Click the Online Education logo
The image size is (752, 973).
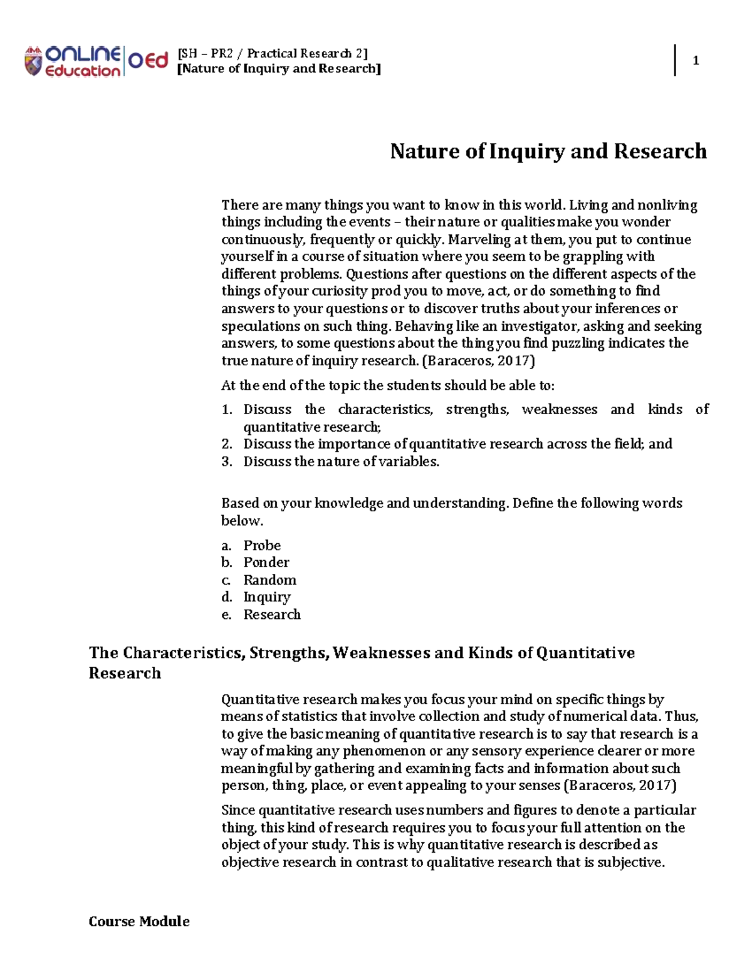[72, 61]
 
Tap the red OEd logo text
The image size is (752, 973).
[149, 61]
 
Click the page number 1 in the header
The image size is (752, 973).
[695, 61]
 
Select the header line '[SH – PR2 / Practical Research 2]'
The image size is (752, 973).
[273, 53]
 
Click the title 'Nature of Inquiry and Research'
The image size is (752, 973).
[548, 151]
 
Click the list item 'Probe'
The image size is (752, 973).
[262, 545]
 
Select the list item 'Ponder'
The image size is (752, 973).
[266, 563]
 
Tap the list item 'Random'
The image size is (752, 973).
[269, 580]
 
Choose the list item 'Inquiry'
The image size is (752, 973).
[267, 597]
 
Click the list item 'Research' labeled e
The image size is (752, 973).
[272, 615]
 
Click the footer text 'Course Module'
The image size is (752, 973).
[139, 921]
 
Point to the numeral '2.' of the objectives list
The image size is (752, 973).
[227, 444]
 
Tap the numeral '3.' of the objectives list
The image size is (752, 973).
[227, 462]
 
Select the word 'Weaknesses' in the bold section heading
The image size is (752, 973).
[381, 653]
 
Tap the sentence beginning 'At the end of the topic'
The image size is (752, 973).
[388, 385]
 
